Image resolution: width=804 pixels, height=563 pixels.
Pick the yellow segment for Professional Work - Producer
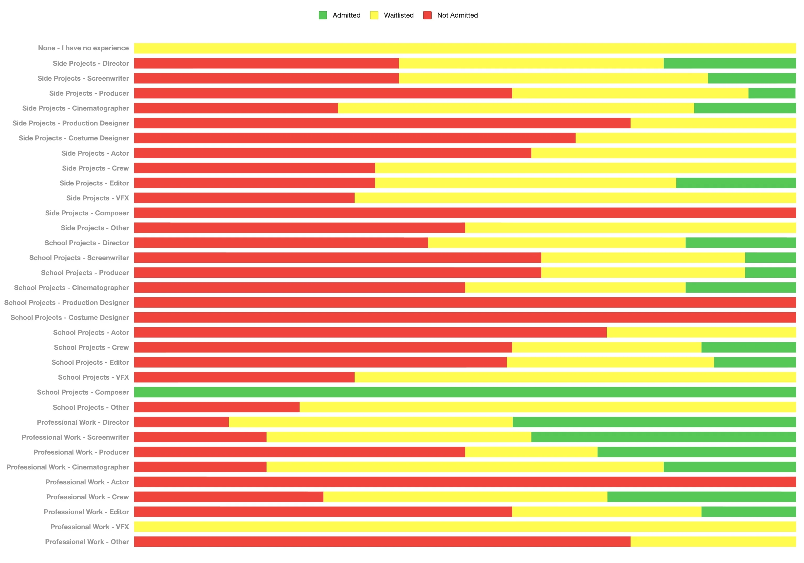click(x=531, y=452)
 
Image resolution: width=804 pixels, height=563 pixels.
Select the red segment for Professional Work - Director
click(x=181, y=422)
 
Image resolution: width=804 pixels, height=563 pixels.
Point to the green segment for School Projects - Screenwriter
click(x=770, y=258)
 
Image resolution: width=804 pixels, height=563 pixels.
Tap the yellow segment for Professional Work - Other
click(x=713, y=542)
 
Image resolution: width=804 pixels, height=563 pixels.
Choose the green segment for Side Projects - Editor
click(x=736, y=183)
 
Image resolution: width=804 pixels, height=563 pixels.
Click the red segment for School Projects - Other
click(x=217, y=407)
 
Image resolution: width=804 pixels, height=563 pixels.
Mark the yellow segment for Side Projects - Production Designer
click(x=713, y=123)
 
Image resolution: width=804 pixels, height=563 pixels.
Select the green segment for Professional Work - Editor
click(x=748, y=512)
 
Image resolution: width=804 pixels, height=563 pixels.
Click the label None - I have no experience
click(x=83, y=48)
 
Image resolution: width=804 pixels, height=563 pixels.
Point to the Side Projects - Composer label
click(x=87, y=213)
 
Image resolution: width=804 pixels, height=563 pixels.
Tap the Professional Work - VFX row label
click(x=90, y=527)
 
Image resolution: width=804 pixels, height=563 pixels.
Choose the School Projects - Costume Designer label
click(x=70, y=318)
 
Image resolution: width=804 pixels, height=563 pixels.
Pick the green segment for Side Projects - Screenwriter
click(x=752, y=78)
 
